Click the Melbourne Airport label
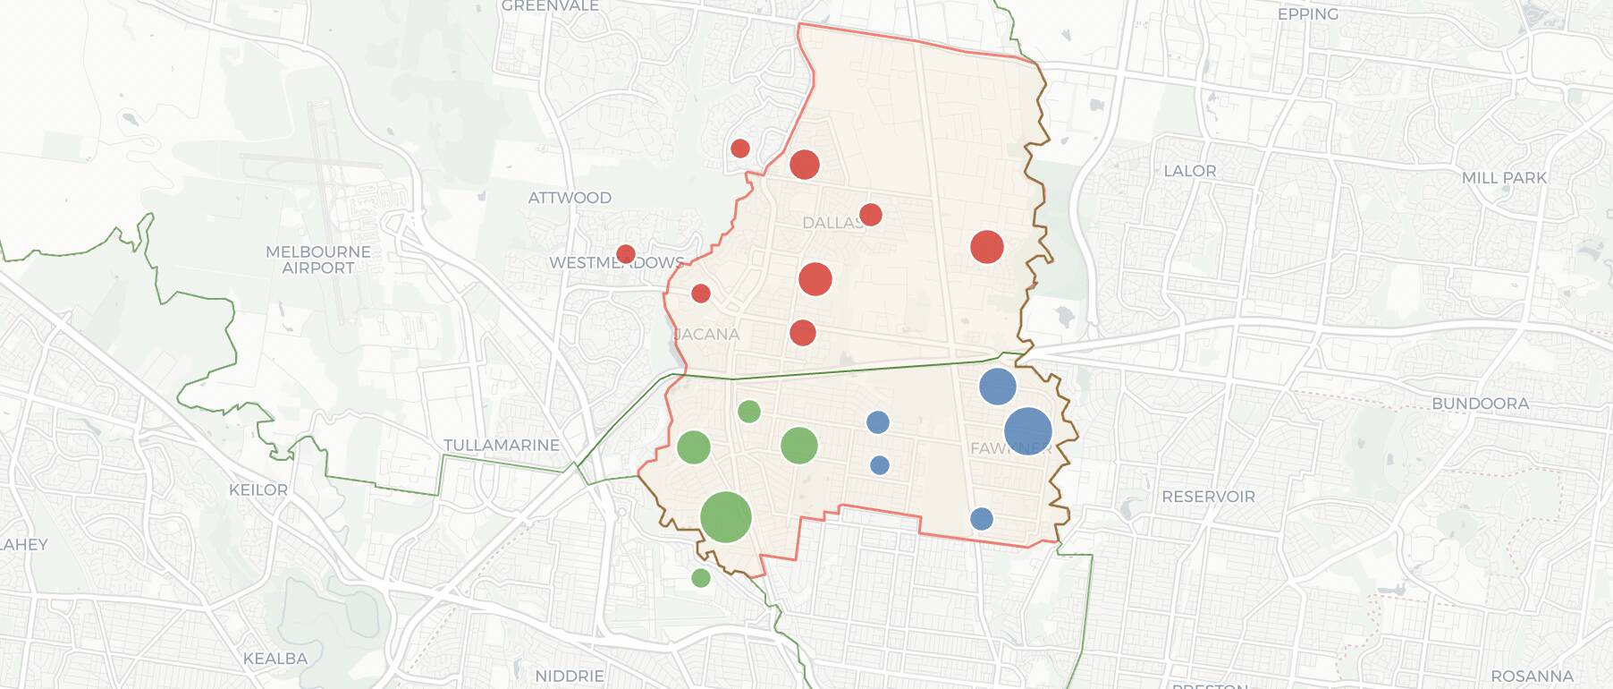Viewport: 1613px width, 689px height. pos(317,259)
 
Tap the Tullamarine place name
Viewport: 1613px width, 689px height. pos(502,445)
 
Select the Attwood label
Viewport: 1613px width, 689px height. pos(570,198)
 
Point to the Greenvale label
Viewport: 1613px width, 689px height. pos(550,6)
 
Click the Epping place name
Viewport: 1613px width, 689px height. pos(1307,14)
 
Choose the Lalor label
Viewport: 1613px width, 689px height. pos(1189,171)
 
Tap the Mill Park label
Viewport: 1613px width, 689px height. pos(1504,178)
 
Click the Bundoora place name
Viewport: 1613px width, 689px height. pos(1480,404)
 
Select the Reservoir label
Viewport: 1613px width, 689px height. pos(1208,497)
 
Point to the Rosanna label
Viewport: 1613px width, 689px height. pos(1532,676)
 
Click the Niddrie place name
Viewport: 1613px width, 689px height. pos(570,676)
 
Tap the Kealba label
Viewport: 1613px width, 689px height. pos(275,659)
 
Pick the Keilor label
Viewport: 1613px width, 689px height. pos(258,489)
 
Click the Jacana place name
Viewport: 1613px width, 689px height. pos(706,335)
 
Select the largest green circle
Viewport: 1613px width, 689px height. pos(725,517)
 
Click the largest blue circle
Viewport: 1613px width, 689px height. pos(1027,431)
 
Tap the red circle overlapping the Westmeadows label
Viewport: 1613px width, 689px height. pos(626,254)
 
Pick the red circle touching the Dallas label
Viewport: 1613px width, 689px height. pos(870,215)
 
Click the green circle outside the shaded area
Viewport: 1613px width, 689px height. pos(701,578)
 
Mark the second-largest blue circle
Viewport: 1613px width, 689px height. pos(998,387)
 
